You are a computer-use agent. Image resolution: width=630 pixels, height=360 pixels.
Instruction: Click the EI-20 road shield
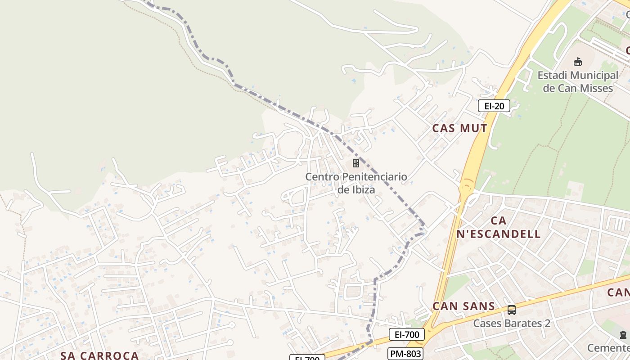[x=494, y=106]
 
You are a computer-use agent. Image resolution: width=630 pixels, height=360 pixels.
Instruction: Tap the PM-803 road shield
[x=406, y=354]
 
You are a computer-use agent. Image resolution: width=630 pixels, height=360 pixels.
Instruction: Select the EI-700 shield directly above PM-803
[x=406, y=334]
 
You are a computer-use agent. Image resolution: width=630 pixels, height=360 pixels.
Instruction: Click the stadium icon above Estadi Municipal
[x=578, y=62]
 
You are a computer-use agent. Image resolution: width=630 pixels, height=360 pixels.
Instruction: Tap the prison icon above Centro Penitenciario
[x=356, y=163]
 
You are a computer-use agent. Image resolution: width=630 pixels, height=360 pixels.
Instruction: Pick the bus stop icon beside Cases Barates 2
[x=512, y=310]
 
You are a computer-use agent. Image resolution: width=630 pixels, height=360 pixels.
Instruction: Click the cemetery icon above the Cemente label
[x=623, y=335]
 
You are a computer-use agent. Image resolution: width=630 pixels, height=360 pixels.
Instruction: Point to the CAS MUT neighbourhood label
[x=459, y=128]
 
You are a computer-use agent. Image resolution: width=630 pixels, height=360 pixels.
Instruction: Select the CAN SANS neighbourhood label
[x=463, y=306]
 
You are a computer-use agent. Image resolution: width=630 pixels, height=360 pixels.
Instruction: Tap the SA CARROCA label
[x=99, y=355]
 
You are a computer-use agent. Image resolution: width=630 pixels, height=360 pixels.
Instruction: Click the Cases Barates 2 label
[x=512, y=323]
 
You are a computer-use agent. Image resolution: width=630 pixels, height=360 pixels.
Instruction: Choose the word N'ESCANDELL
[x=498, y=234]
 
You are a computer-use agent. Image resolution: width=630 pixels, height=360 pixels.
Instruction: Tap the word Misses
[x=595, y=88]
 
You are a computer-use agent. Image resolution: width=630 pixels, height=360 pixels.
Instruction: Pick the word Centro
[x=322, y=177]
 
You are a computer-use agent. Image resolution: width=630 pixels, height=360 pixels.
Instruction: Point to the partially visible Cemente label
[x=608, y=348]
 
